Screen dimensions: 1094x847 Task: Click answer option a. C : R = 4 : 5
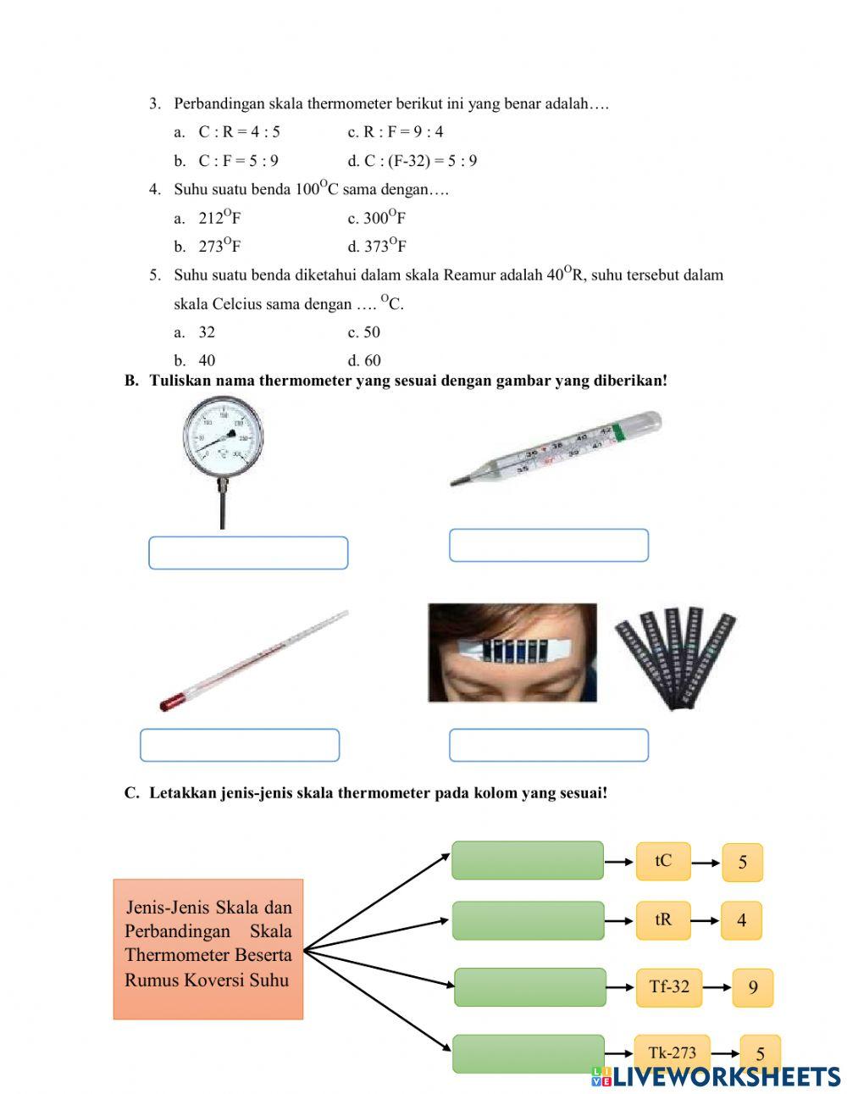point(239,132)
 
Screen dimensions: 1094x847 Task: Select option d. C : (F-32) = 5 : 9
point(412,161)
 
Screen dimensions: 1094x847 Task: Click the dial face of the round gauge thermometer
point(223,437)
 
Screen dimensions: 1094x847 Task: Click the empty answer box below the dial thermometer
point(248,553)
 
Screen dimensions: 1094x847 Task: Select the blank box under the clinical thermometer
point(548,545)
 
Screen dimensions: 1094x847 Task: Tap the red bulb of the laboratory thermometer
point(173,702)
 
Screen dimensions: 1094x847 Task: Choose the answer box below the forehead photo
point(548,745)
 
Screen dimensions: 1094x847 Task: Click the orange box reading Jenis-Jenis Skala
point(208,948)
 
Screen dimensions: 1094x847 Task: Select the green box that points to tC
point(527,860)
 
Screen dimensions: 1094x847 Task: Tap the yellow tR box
point(663,919)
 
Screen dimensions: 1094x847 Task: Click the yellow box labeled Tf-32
point(669,986)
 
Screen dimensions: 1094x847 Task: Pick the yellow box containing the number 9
point(752,987)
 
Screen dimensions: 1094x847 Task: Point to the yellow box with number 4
point(741,920)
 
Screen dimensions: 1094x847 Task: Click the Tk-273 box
point(672,1052)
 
